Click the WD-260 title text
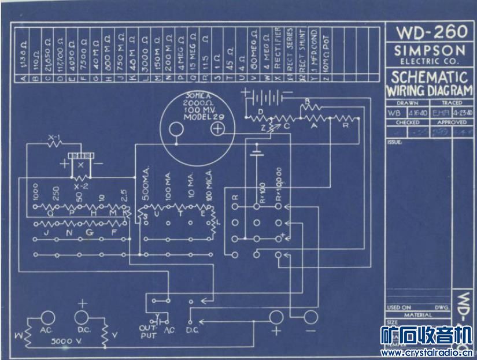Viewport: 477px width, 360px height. [430, 32]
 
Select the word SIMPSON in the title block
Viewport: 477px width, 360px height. [430, 50]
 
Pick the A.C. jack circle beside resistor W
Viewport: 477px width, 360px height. [48, 317]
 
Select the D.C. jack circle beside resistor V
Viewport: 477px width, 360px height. [82, 317]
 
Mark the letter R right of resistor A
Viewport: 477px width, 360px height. [345, 125]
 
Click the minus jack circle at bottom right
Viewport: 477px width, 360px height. [312, 317]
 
